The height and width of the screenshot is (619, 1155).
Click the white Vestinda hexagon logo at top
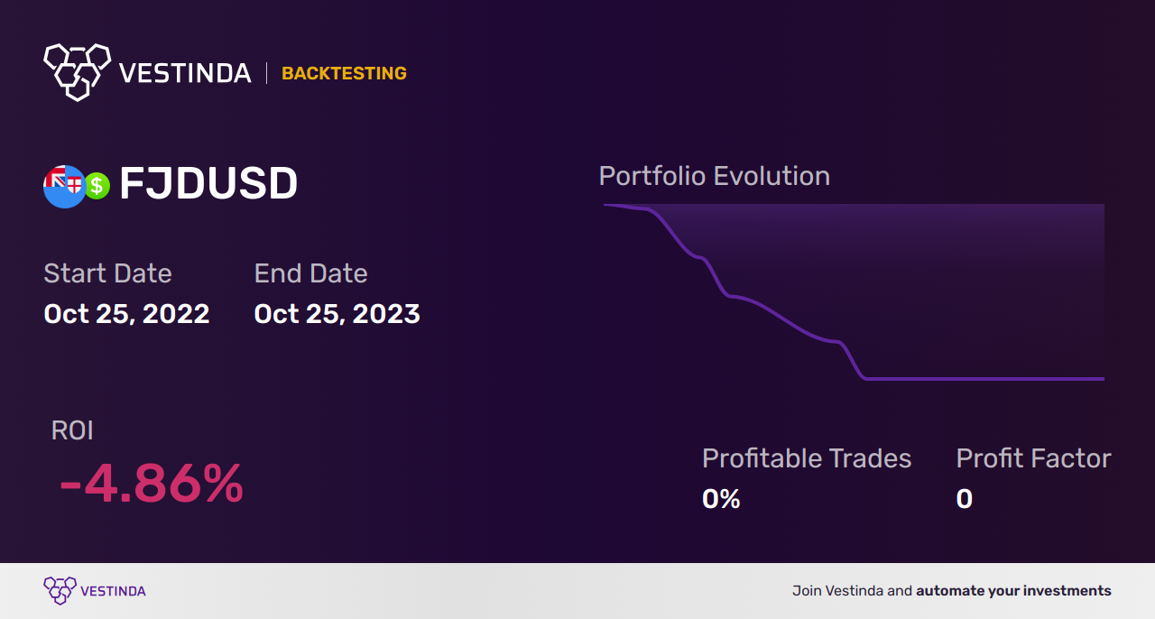(78, 72)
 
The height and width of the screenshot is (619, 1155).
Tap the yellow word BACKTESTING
(344, 73)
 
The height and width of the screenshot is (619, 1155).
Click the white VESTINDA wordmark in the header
(185, 73)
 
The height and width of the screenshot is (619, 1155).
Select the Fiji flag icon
(63, 186)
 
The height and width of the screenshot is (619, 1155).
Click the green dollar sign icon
(97, 186)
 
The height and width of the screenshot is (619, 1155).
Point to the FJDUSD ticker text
(208, 183)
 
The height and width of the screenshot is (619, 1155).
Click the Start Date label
(107, 273)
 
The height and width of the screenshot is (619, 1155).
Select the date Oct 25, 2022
(127, 314)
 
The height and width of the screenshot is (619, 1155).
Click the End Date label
(311, 273)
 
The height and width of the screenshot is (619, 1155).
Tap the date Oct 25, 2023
(337, 314)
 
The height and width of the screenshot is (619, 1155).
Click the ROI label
(72, 430)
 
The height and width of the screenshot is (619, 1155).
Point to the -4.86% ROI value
(151, 484)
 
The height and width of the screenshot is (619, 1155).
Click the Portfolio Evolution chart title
(715, 177)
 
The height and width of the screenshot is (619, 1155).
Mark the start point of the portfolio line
(605, 206)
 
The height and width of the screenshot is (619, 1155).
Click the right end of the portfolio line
(1104, 379)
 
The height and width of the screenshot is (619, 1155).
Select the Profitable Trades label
(807, 458)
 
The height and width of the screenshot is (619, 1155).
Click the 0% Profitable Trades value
(721, 499)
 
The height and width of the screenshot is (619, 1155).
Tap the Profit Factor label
(1033, 458)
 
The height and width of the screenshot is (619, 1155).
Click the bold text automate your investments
(1013, 591)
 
